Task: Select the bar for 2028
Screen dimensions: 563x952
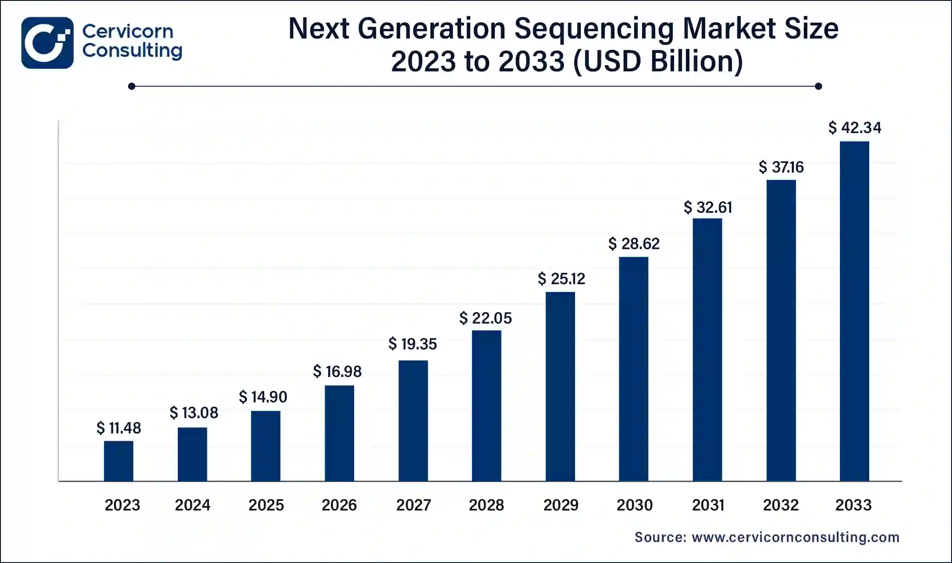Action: pyautogui.click(x=487, y=406)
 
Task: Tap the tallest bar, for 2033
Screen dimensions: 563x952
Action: pyautogui.click(x=854, y=311)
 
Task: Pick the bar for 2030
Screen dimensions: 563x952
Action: pyautogui.click(x=633, y=369)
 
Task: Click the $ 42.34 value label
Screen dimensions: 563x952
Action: pyautogui.click(x=854, y=128)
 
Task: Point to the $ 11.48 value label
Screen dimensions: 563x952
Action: pyautogui.click(x=119, y=428)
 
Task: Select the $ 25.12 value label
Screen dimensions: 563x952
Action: pyautogui.click(x=561, y=279)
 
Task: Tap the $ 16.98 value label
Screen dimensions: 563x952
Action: pyautogui.click(x=337, y=372)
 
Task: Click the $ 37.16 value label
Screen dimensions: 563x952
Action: pyautogui.click(x=781, y=167)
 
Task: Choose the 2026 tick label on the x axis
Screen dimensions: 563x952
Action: pyautogui.click(x=339, y=505)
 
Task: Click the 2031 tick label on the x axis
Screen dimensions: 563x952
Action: pyautogui.click(x=708, y=505)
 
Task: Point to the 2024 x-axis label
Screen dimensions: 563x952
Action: pyautogui.click(x=192, y=505)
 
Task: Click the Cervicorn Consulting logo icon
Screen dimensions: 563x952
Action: pyautogui.click(x=47, y=43)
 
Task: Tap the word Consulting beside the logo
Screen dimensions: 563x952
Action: pyautogui.click(x=132, y=51)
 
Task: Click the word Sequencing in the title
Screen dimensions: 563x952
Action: pyautogui.click(x=593, y=29)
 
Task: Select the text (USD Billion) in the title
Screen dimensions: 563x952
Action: pyautogui.click(x=658, y=61)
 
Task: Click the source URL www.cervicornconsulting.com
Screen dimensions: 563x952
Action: pyautogui.click(x=795, y=537)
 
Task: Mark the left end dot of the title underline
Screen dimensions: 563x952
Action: pyautogui.click(x=131, y=86)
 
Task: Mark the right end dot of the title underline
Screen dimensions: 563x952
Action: pyautogui.click(x=818, y=86)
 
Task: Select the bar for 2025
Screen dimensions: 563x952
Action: pyautogui.click(x=266, y=446)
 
